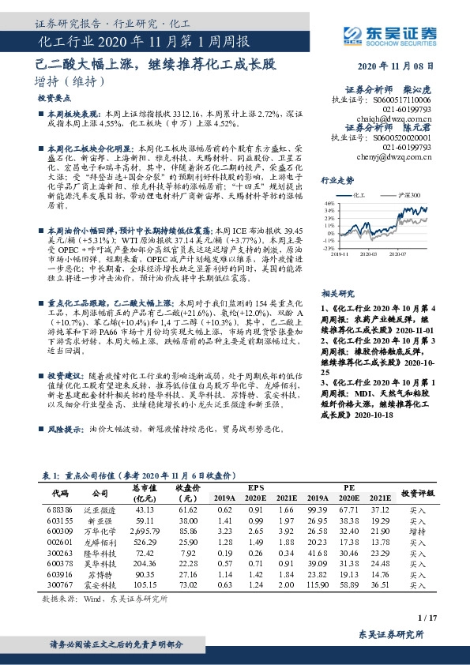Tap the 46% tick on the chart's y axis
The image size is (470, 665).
coord(330,201)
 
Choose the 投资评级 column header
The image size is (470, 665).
coord(417,492)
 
